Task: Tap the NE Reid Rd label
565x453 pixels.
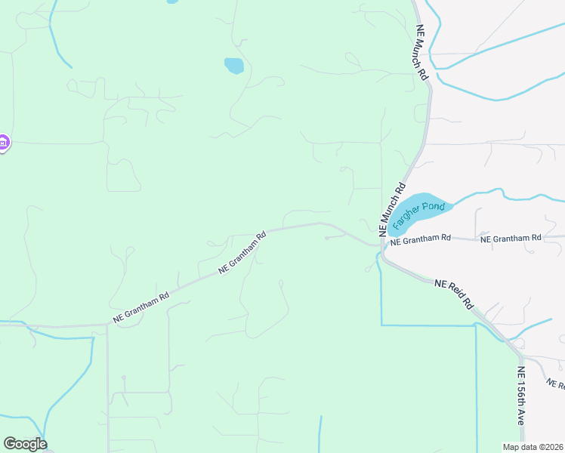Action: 453,294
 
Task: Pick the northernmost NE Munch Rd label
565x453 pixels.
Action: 421,52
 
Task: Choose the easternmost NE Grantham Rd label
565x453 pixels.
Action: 511,238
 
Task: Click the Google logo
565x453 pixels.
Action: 25,444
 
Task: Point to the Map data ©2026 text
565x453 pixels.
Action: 532,447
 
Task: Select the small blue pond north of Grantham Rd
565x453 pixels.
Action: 233,66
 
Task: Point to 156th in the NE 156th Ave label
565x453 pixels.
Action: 520,396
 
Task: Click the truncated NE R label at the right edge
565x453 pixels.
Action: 555,384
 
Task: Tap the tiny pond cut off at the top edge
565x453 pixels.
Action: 172,2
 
